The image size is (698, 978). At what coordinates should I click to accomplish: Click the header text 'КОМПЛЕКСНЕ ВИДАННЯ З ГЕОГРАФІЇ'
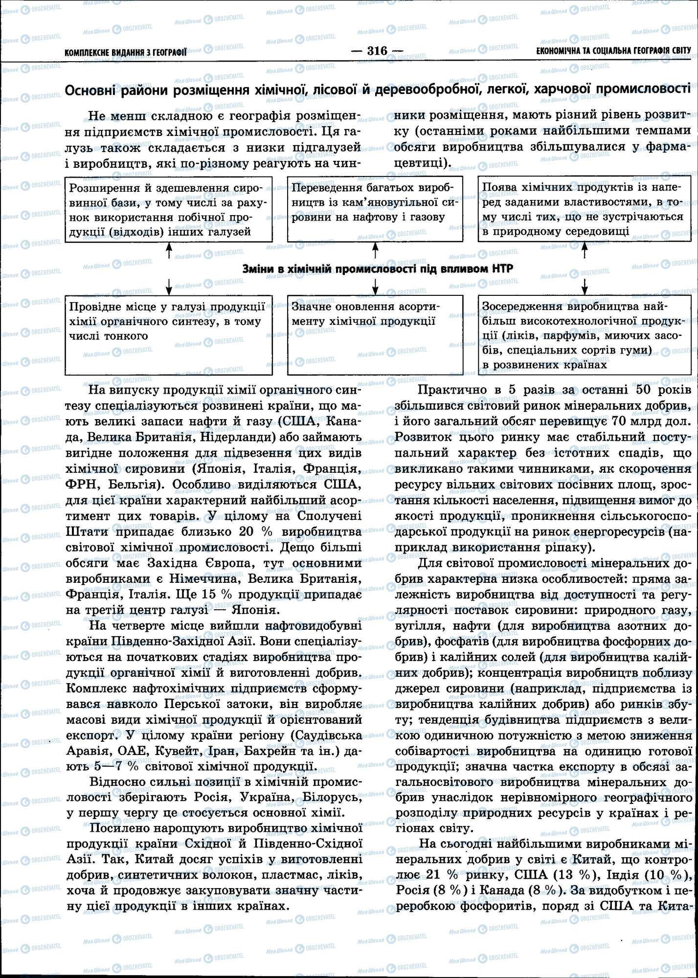126,51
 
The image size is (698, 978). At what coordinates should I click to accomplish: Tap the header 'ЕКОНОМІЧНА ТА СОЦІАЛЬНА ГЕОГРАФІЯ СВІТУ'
613,50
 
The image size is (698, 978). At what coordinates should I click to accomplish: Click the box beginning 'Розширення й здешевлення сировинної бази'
169,209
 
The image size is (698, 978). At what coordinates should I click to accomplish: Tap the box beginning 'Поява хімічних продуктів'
585,209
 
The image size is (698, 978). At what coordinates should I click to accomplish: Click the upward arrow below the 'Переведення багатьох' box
376,251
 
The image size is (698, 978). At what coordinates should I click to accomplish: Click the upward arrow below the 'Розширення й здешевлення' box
169,251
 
